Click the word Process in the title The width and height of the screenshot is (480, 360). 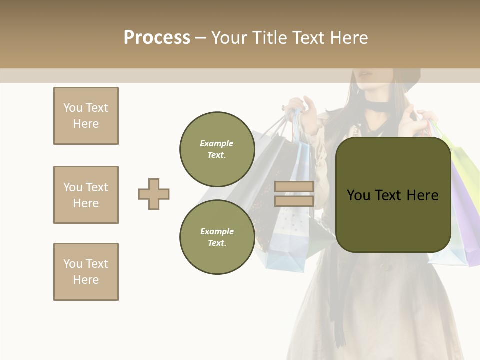[x=157, y=38]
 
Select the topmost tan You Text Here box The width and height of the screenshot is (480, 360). [x=86, y=116]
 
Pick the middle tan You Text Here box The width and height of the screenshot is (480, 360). [x=86, y=195]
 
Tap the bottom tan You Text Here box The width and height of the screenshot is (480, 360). [x=86, y=272]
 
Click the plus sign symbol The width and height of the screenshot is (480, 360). [x=154, y=194]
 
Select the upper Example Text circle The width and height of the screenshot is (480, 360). [x=217, y=149]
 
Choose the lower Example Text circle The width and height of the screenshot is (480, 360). [x=217, y=237]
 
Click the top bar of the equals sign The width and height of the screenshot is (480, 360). [x=294, y=186]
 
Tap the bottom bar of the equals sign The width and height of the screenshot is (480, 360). [x=294, y=201]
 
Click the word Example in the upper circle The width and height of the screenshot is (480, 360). [x=217, y=143]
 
